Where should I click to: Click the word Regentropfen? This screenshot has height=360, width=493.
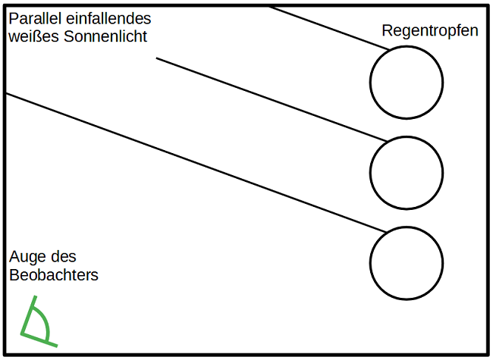click(x=430, y=31)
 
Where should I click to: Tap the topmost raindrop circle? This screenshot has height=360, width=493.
click(x=406, y=83)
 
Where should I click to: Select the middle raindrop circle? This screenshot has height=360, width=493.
click(x=406, y=174)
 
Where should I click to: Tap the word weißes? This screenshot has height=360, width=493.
click(x=31, y=36)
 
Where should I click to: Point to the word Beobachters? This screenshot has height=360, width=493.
click(x=54, y=275)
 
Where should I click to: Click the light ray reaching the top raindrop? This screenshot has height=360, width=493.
click(x=326, y=27)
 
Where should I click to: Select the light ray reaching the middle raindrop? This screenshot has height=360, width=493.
click(x=273, y=100)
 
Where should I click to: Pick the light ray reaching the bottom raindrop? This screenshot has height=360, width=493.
click(x=197, y=162)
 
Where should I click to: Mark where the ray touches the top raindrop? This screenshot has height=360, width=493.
click(x=389, y=50)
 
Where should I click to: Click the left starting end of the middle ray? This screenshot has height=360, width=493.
click(x=157, y=58)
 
